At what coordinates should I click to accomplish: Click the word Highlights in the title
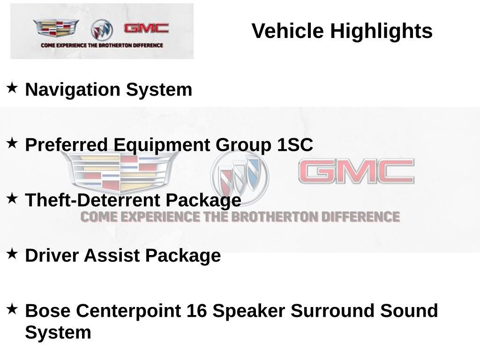coord(381,31)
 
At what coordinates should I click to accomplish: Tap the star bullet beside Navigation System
coord(12,87)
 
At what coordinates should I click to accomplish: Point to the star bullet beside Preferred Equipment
coord(12,142)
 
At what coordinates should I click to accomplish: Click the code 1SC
coord(294,145)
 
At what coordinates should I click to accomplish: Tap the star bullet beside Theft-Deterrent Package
coord(12,198)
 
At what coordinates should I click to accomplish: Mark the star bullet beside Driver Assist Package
coord(12,253)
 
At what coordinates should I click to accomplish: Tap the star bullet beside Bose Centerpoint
coord(12,308)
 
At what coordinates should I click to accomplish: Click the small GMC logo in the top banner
coord(146,28)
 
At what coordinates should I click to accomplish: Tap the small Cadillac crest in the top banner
coord(56,28)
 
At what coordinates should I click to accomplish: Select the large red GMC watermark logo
coord(356,171)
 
